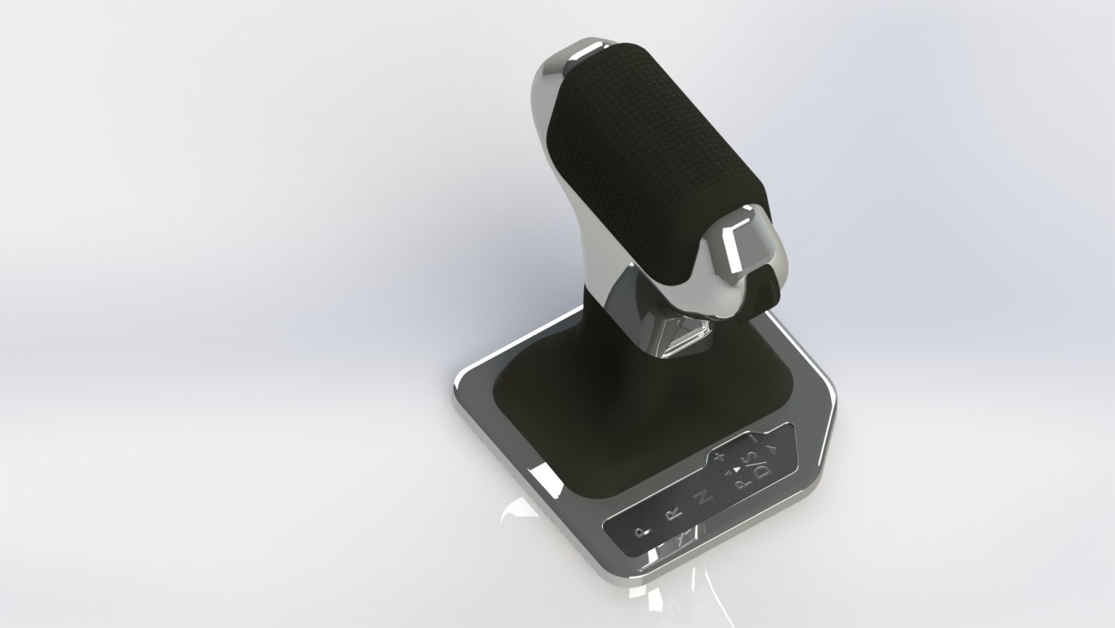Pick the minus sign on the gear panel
tap(754, 440)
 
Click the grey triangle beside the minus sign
tap(772, 449)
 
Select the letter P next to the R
tap(644, 531)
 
